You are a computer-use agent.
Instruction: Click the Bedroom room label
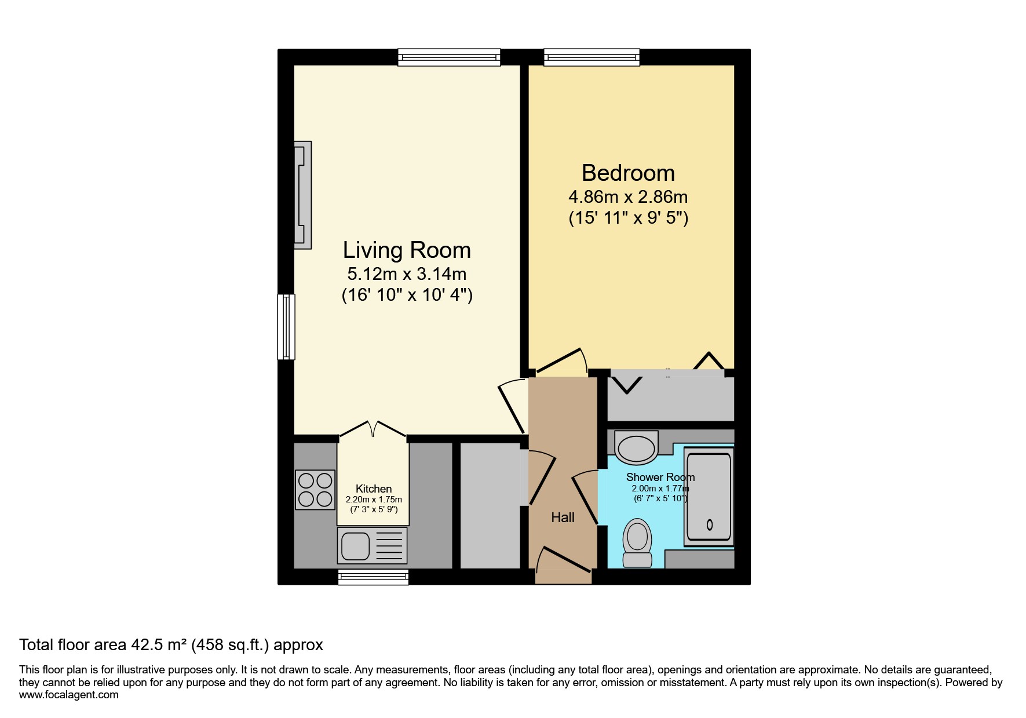click(x=628, y=173)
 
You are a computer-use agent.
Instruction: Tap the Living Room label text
click(x=407, y=250)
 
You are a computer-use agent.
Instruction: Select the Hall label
click(x=563, y=517)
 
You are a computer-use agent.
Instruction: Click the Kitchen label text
click(x=374, y=489)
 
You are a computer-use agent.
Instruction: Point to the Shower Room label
click(x=660, y=477)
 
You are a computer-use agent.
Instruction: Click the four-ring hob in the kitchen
click(x=315, y=490)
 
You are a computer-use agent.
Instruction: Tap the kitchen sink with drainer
click(x=372, y=545)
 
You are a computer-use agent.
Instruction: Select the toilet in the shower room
click(x=637, y=542)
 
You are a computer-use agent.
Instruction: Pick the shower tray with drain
click(x=708, y=496)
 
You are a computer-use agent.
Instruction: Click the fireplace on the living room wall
click(x=302, y=195)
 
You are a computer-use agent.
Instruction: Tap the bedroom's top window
click(x=591, y=57)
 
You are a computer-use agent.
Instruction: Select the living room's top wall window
click(x=449, y=57)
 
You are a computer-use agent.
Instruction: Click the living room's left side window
click(x=286, y=327)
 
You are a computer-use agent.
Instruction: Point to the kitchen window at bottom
click(x=373, y=576)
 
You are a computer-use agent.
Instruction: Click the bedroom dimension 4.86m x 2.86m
click(x=628, y=197)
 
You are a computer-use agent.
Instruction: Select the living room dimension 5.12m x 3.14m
click(x=407, y=274)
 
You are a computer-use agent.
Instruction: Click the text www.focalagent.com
click(x=68, y=695)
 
